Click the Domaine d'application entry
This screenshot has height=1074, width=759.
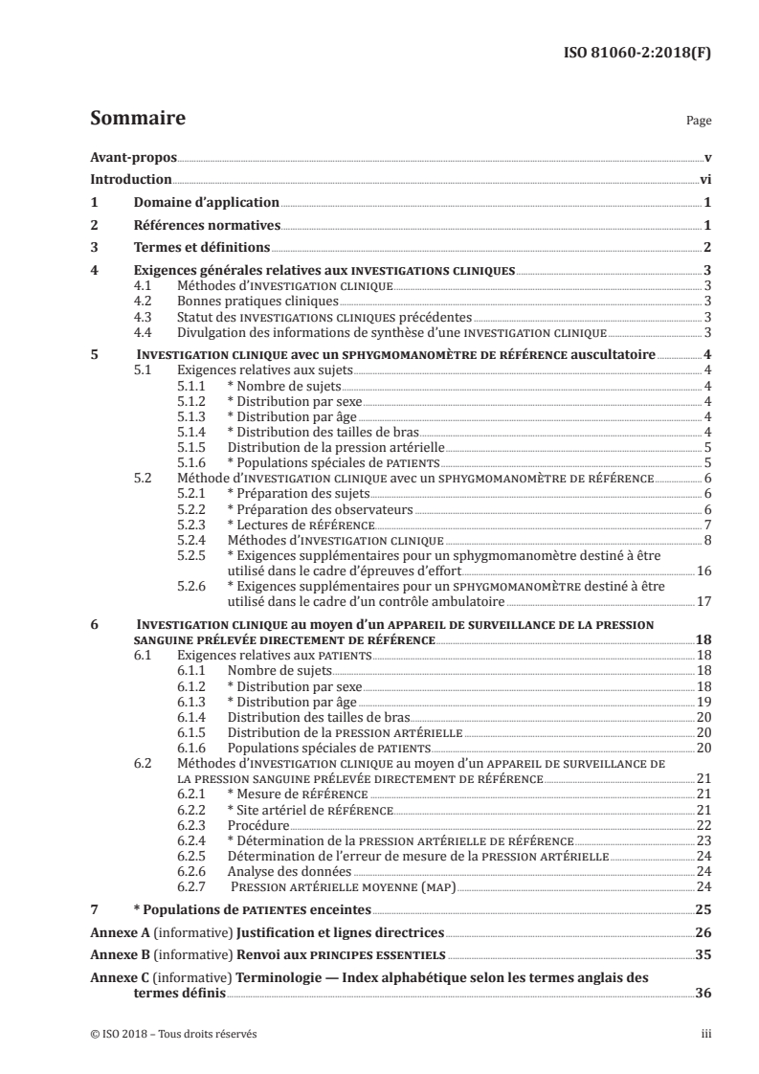coord(205,202)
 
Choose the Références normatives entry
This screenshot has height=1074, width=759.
coord(205,225)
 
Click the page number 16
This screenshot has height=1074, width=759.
coord(703,571)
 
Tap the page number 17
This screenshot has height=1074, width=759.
coord(703,603)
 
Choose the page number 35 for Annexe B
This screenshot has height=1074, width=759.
coord(703,954)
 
